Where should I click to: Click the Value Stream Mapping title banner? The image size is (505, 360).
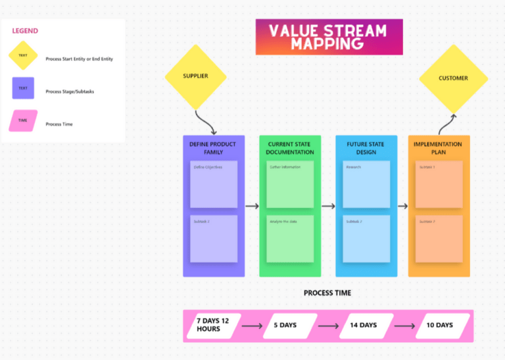pyautogui.click(x=329, y=37)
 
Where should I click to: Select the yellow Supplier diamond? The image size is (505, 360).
pyautogui.click(x=195, y=76)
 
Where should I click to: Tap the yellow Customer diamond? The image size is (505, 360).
pyautogui.click(x=453, y=78)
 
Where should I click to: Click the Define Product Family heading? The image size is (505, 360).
pyautogui.click(x=212, y=148)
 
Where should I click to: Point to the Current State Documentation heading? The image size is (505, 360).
pyautogui.click(x=290, y=148)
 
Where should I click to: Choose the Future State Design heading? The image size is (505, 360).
pyautogui.click(x=366, y=148)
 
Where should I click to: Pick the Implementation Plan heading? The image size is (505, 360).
pyautogui.click(x=439, y=148)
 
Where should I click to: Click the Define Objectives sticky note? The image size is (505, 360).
pyautogui.click(x=214, y=184)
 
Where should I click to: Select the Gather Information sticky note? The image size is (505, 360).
pyautogui.click(x=290, y=184)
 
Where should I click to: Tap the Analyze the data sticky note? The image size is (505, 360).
pyautogui.click(x=290, y=239)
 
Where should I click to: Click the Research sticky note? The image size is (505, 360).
pyautogui.click(x=366, y=184)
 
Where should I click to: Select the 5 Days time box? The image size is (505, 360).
pyautogui.click(x=285, y=325)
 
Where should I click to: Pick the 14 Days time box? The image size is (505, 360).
pyautogui.click(x=363, y=325)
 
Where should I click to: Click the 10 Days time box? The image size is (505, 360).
pyautogui.click(x=439, y=325)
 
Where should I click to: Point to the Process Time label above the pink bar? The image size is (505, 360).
pyautogui.click(x=327, y=293)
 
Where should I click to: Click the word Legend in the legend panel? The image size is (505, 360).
pyautogui.click(x=25, y=31)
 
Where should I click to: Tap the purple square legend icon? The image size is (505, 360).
pyautogui.click(x=23, y=88)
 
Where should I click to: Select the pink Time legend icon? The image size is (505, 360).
pyautogui.click(x=23, y=121)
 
